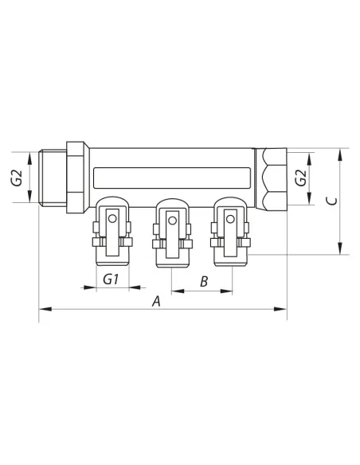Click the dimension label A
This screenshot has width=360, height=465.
click(x=156, y=301)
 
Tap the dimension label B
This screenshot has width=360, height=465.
click(x=204, y=281)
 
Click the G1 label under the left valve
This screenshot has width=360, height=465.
click(x=111, y=279)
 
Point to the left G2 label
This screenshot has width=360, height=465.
click(x=18, y=178)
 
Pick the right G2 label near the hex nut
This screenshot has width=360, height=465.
click(x=301, y=178)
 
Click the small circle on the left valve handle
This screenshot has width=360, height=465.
click(x=112, y=219)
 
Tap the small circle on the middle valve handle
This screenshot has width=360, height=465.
click(x=172, y=221)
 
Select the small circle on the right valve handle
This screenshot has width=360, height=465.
click(x=230, y=219)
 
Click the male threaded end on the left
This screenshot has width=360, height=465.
click(x=53, y=178)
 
